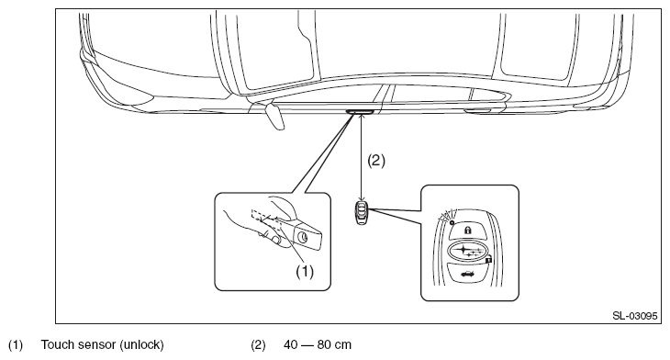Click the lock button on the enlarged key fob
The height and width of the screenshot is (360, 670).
coord(468,231)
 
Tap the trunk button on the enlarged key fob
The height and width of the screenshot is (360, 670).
coord(468,273)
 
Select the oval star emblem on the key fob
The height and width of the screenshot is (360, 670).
coord(467,251)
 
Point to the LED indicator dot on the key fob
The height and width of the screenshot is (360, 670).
coord(452,223)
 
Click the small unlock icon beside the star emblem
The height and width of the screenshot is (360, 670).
coord(489,260)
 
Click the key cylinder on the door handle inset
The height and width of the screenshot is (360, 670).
coord(304,237)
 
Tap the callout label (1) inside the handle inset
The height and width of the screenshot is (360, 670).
coord(305,272)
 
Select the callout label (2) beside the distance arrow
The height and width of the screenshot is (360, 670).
coord(376,161)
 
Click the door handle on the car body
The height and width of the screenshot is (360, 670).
coord(360,112)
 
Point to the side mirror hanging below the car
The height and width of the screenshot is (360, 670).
coord(274,116)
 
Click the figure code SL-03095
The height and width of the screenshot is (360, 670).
coord(634,316)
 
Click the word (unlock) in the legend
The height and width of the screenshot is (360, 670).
coord(141,344)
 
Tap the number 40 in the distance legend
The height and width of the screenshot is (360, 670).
coord(291,344)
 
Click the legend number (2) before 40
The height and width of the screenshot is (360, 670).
coord(258,344)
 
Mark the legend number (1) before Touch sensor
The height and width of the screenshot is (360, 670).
coord(16,344)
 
